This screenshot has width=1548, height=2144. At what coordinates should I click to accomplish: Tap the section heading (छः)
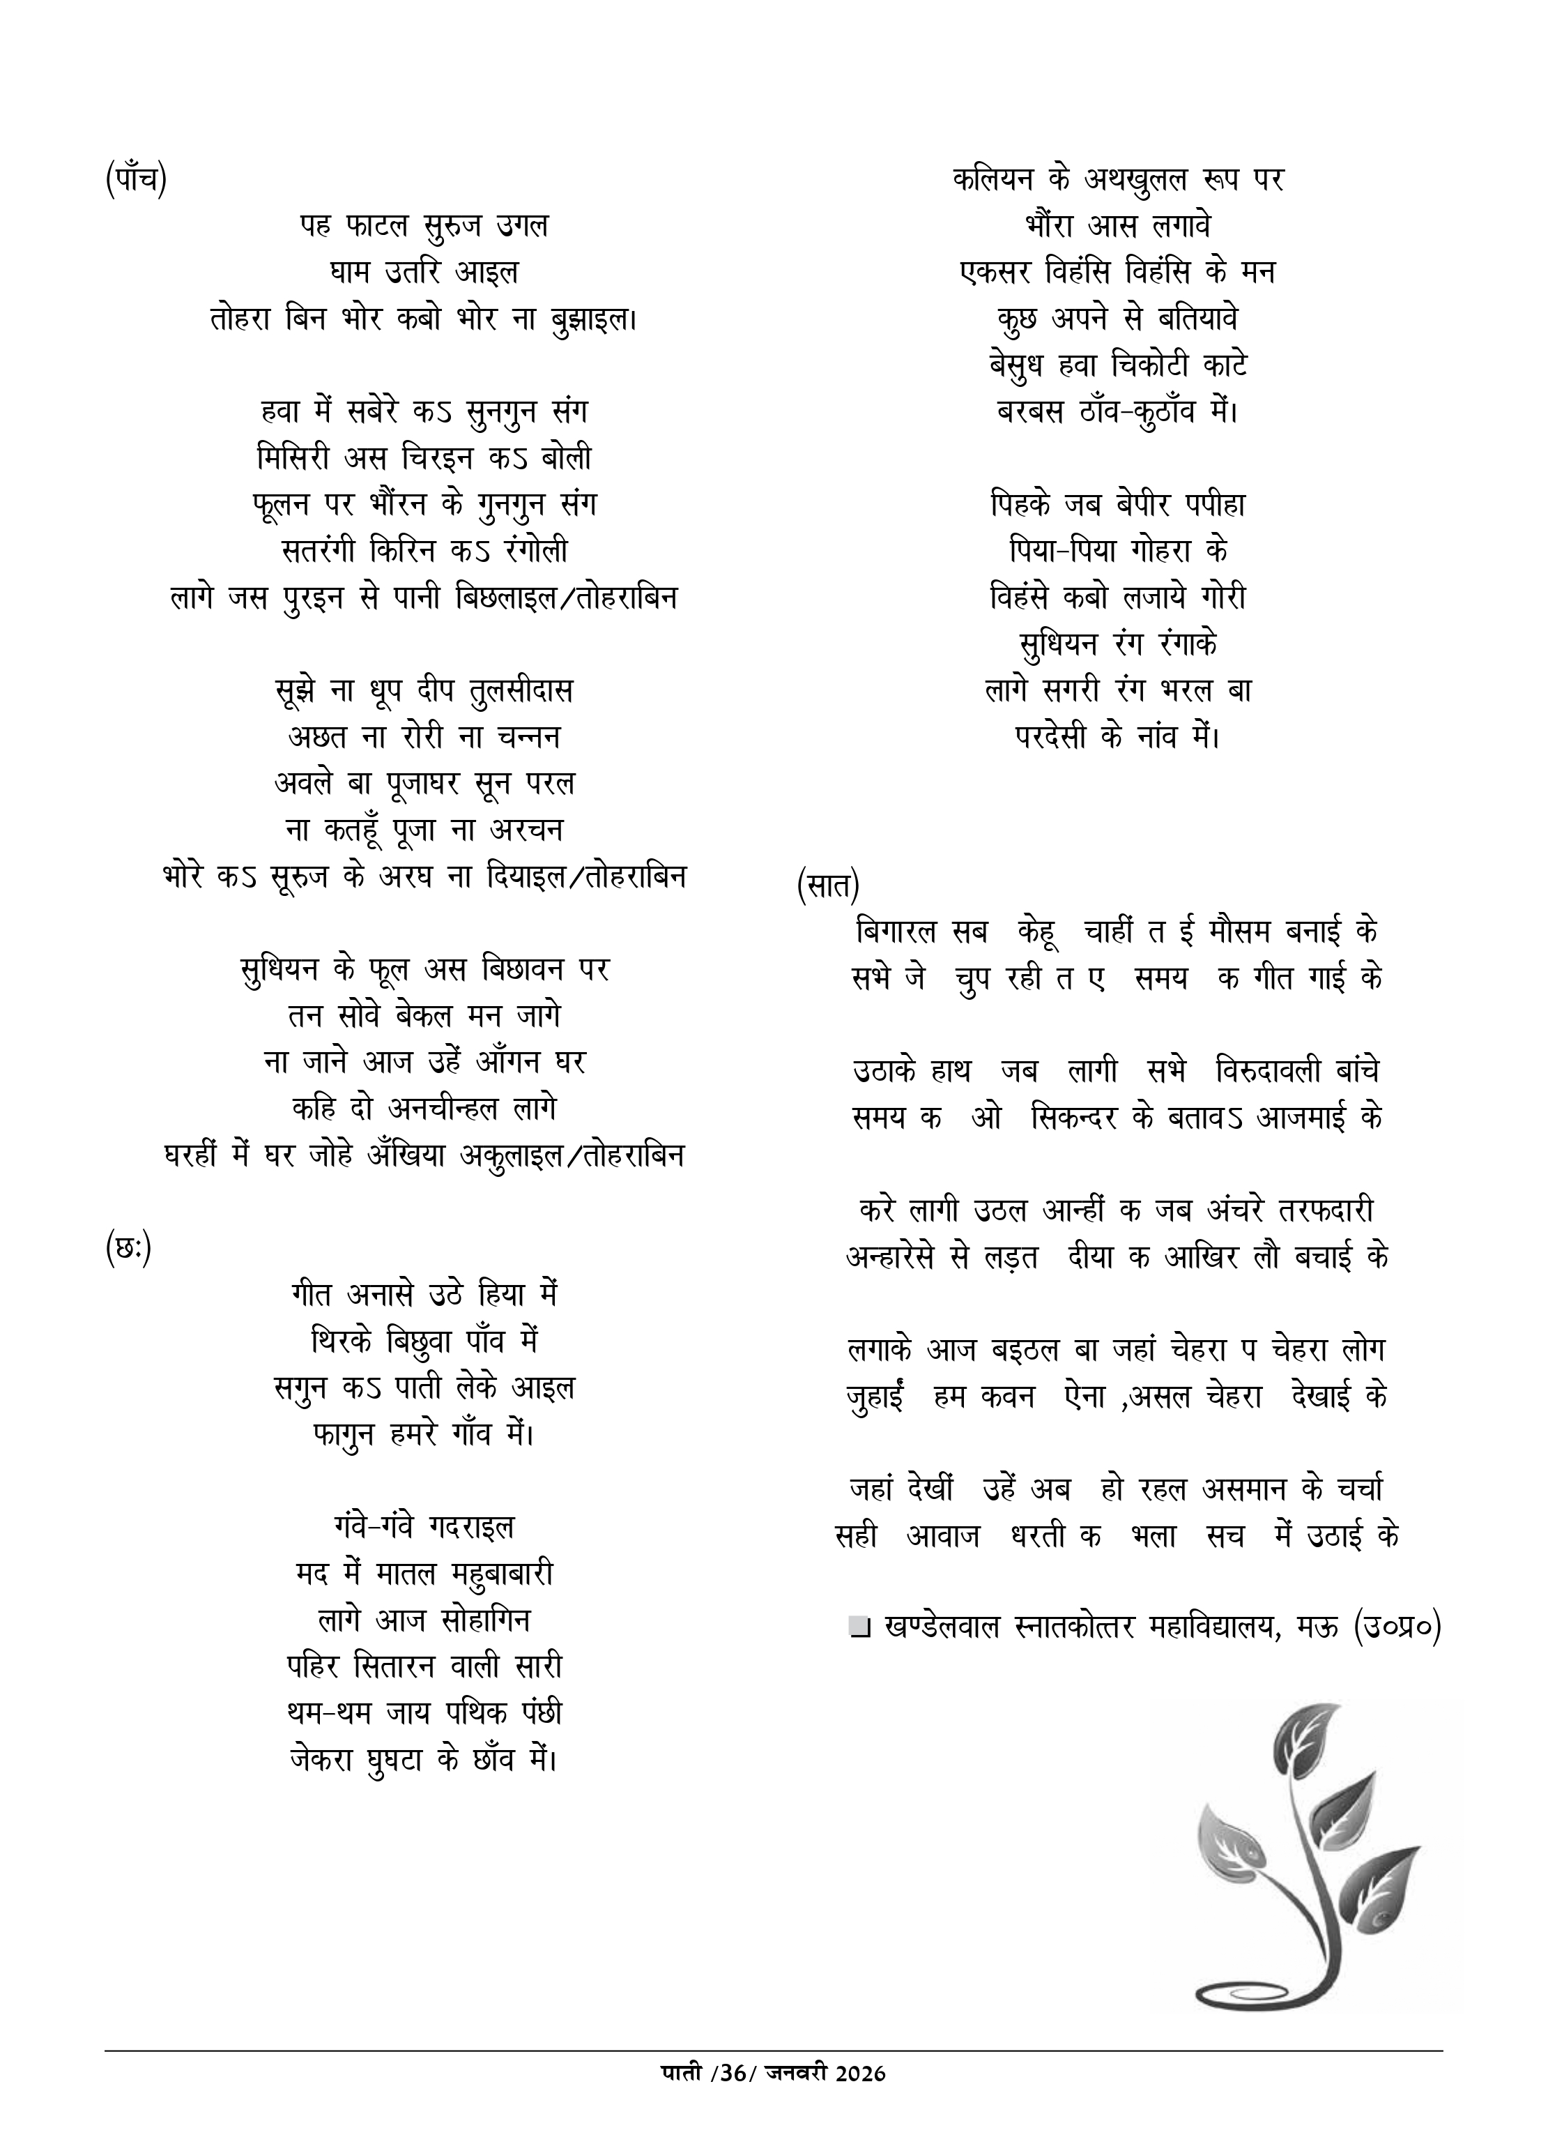tap(128, 1249)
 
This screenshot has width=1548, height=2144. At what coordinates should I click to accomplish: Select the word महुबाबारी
tap(498, 1574)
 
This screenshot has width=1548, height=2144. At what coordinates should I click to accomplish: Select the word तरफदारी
tap(1326, 1210)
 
